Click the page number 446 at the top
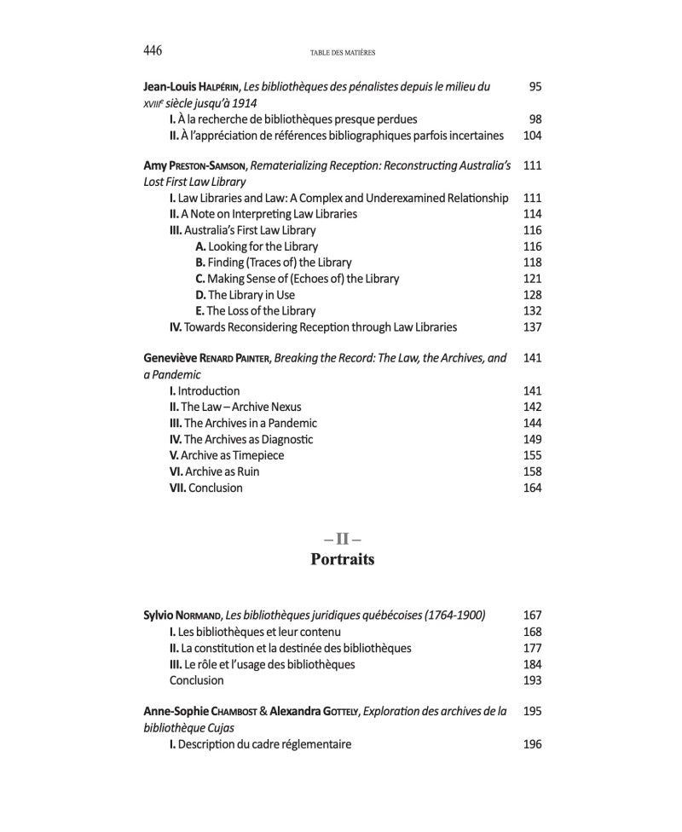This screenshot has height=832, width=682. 153,51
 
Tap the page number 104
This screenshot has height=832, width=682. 532,136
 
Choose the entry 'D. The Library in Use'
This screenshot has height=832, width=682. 245,295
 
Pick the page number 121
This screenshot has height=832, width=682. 532,279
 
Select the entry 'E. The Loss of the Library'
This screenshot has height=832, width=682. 255,311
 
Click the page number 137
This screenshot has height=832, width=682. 532,327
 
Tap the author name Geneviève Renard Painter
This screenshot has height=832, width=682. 219,359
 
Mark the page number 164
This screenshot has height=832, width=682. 532,488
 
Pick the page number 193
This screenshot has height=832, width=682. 532,681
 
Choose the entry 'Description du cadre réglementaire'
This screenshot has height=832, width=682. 260,744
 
